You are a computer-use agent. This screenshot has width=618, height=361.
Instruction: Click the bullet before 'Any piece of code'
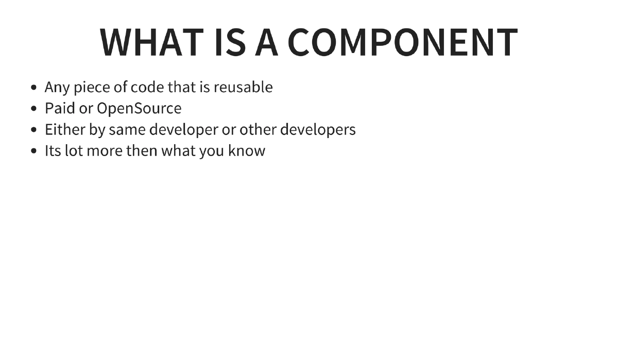click(34, 88)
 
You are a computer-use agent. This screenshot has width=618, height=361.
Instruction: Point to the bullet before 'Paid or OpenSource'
click(34, 109)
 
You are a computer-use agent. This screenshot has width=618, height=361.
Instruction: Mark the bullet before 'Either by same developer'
click(34, 130)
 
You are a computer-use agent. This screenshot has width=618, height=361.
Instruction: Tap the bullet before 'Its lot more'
click(34, 151)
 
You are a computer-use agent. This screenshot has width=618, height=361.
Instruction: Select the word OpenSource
click(139, 109)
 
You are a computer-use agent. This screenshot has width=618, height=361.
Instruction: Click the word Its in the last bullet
click(53, 151)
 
